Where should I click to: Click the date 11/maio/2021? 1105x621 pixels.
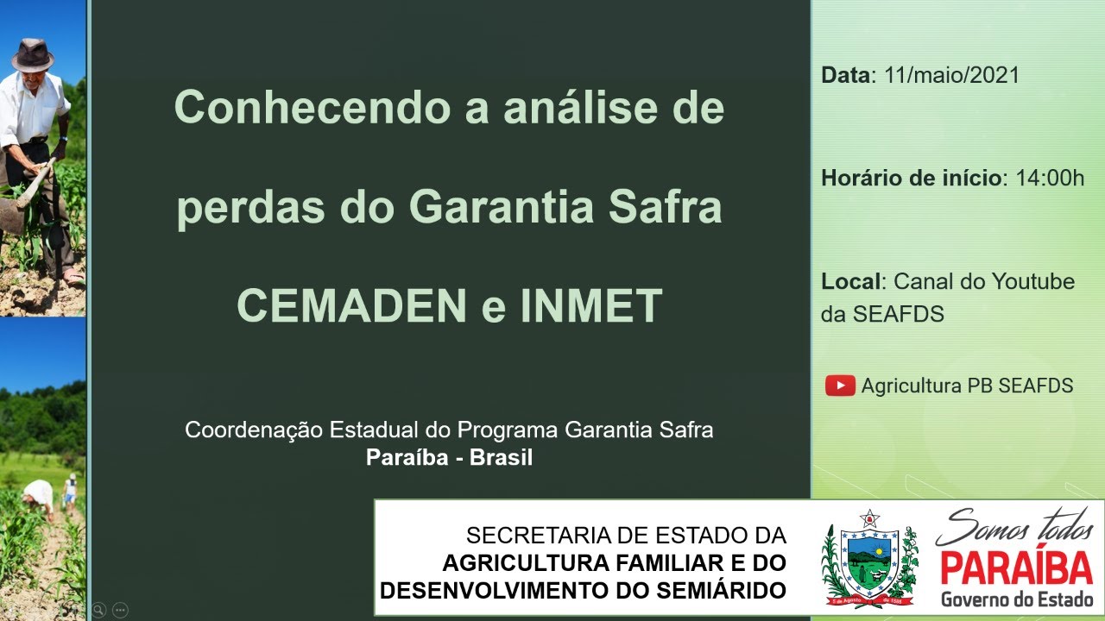(x=951, y=75)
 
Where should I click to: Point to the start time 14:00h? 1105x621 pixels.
(x=1050, y=179)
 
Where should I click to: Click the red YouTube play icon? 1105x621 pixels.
(x=840, y=386)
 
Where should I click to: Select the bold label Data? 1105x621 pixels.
(x=848, y=75)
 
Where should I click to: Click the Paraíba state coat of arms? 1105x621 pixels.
(x=869, y=557)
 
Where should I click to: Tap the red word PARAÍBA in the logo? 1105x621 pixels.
(x=1016, y=568)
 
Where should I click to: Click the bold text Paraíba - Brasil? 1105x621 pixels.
(x=449, y=457)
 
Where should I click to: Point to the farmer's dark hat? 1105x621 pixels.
(x=33, y=55)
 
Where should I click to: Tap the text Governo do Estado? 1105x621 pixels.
(x=1016, y=599)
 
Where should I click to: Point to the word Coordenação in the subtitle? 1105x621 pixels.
(x=254, y=430)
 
